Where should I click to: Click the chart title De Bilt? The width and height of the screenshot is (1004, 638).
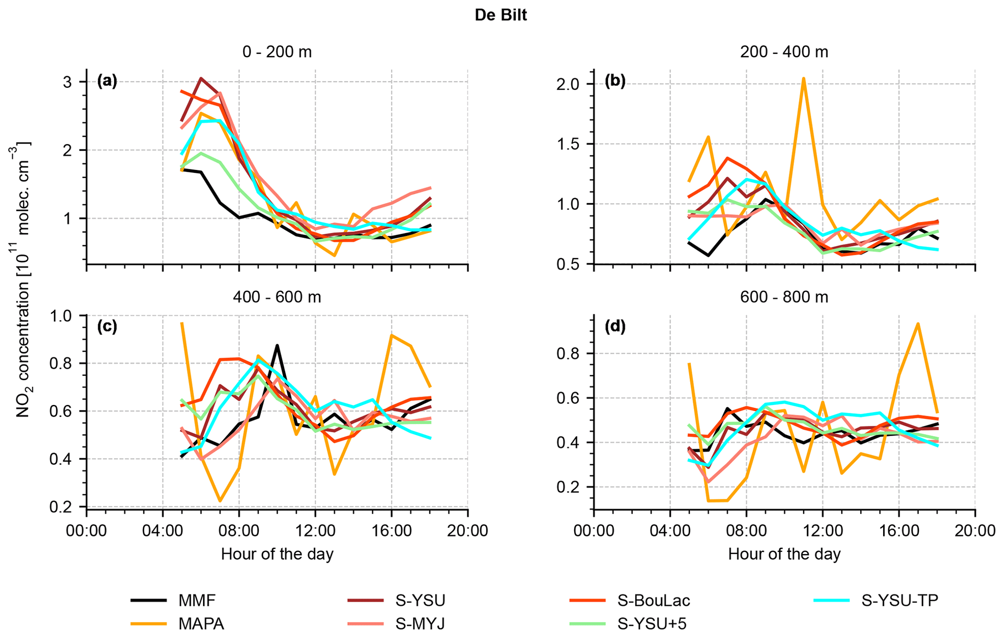pyautogui.click(x=501, y=15)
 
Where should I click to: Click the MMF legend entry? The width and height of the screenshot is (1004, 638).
pyautogui.click(x=197, y=601)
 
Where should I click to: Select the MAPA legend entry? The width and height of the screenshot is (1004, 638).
pyautogui.click(x=201, y=623)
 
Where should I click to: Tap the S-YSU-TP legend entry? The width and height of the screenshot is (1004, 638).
pyautogui.click(x=900, y=601)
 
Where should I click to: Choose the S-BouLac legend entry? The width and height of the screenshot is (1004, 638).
pyautogui.click(x=653, y=601)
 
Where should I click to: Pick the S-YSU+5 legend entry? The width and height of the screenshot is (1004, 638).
pyautogui.click(x=652, y=623)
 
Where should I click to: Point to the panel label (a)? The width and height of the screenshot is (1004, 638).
pyautogui.click(x=107, y=81)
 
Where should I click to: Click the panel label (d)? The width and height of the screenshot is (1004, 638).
pyautogui.click(x=615, y=327)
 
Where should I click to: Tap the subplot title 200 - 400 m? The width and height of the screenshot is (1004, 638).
pyautogui.click(x=784, y=51)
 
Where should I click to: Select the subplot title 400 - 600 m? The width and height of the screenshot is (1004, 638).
pyautogui.click(x=277, y=297)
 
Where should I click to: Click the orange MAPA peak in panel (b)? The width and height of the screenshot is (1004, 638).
pyautogui.click(x=803, y=78)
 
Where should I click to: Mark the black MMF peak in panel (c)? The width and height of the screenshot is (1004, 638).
pyautogui.click(x=277, y=345)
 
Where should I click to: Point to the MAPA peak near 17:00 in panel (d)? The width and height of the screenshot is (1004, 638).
pyautogui.click(x=918, y=323)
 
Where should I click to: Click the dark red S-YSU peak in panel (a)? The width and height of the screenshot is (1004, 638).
pyautogui.click(x=201, y=78)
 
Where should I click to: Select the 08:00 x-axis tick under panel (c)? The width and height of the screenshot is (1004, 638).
pyautogui.click(x=238, y=530)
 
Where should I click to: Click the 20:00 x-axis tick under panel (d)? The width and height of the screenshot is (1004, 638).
pyautogui.click(x=975, y=530)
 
